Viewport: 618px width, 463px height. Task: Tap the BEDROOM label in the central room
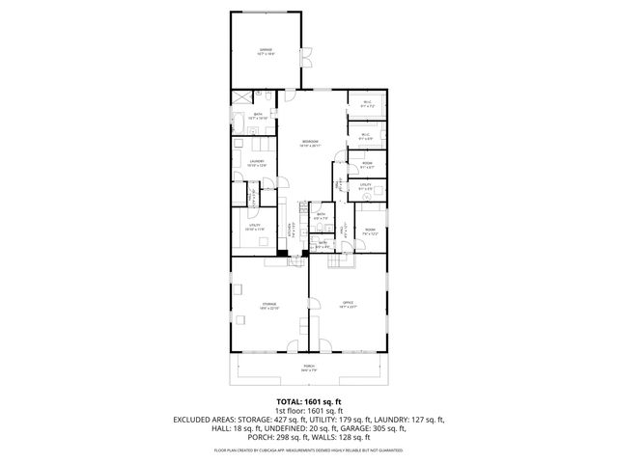(x=309, y=142)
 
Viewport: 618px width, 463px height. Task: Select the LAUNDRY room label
(x=256, y=162)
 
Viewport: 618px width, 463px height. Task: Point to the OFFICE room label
(x=349, y=305)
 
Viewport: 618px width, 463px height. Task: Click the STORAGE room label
(x=268, y=305)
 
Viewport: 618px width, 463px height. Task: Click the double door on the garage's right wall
(x=308, y=54)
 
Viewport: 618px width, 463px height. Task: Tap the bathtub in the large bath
(x=239, y=122)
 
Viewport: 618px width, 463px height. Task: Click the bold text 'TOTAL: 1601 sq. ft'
(x=309, y=400)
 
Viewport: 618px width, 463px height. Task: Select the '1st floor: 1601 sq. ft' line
(x=309, y=410)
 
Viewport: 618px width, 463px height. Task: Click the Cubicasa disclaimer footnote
(x=309, y=449)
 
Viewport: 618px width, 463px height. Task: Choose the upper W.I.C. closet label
(x=367, y=104)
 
